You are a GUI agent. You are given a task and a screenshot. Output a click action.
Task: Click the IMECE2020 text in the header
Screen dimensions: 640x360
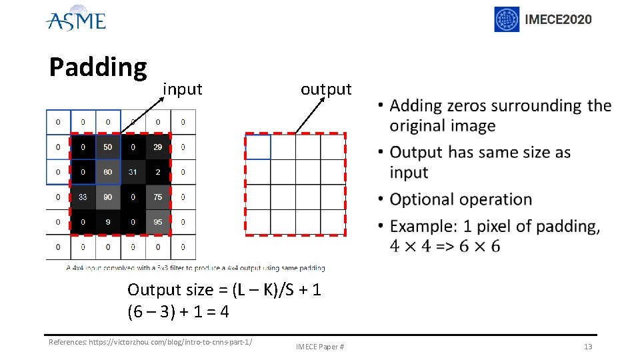coord(558,19)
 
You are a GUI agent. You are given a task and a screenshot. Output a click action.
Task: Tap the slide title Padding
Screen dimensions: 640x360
coord(98,67)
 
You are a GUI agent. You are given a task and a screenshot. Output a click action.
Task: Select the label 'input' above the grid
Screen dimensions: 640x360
coord(182,89)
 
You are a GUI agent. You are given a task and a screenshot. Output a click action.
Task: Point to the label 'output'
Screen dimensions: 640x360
coord(325,89)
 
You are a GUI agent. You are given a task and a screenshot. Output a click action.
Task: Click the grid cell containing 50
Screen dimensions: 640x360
coord(108,147)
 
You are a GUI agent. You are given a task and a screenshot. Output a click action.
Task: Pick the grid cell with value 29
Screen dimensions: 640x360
coord(157,147)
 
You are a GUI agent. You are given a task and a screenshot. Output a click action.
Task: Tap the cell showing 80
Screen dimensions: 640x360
coord(108,172)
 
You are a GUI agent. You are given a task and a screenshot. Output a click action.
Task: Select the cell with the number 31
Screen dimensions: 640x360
coord(133,172)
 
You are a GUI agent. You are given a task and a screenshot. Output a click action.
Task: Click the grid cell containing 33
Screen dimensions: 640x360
coord(83,197)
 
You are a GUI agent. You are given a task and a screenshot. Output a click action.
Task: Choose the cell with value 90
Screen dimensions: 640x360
coord(108,197)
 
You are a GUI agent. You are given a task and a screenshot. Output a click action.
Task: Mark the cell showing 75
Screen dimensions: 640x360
coord(157,197)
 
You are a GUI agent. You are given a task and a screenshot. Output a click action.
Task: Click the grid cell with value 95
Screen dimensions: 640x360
coord(157,222)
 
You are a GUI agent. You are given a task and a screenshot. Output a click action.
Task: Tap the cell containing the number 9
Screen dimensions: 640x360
coord(108,222)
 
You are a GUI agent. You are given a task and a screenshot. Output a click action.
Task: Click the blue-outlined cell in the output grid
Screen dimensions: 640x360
coord(258,147)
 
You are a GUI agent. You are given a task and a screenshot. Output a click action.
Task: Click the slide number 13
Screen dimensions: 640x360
coord(587,347)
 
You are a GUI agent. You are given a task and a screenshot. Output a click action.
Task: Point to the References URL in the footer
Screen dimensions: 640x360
coord(151,343)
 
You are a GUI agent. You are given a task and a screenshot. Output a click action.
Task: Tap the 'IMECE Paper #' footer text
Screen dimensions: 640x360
coord(320,347)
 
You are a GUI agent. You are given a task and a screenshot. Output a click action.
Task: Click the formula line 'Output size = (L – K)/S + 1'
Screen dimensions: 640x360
coord(224,289)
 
